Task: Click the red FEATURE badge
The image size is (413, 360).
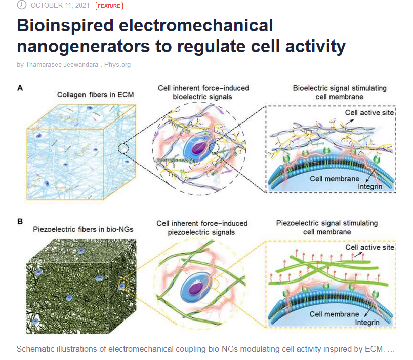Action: click(x=109, y=6)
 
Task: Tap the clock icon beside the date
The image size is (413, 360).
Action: click(x=22, y=5)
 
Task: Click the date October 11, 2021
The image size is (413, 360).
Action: click(x=60, y=5)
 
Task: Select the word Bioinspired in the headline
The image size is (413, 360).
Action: click(x=65, y=26)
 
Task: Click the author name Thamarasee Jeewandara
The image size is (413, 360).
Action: click(x=62, y=65)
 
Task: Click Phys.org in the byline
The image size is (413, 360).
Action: click(x=117, y=65)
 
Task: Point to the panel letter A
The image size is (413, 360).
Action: click(x=20, y=88)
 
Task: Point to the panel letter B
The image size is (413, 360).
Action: click(x=20, y=221)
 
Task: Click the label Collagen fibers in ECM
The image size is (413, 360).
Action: click(x=95, y=95)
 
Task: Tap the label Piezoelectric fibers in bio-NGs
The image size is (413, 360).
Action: click(x=83, y=229)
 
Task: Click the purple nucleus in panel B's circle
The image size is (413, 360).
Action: click(x=195, y=287)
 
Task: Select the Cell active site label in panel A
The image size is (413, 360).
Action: click(x=369, y=113)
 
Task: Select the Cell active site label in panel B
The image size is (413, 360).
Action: click(x=369, y=247)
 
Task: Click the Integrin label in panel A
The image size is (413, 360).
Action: click(x=370, y=187)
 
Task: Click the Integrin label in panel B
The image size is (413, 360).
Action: click(x=367, y=323)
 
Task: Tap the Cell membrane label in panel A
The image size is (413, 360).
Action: click(x=335, y=179)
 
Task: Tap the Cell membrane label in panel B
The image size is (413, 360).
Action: click(x=334, y=314)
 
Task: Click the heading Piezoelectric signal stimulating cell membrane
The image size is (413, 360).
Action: click(x=327, y=227)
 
